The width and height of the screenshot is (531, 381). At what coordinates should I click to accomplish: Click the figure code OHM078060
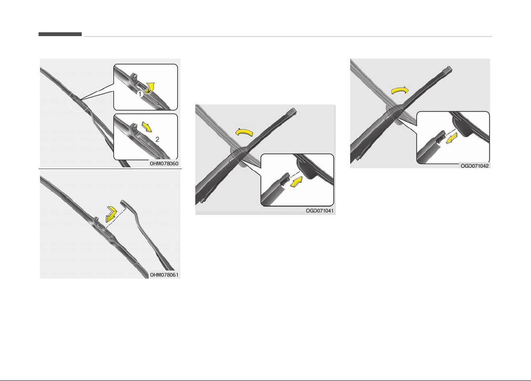pyautogui.click(x=164, y=164)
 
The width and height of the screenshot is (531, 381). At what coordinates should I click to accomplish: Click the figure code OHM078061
pyautogui.click(x=164, y=275)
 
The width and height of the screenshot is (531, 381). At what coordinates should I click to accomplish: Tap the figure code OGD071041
pyautogui.click(x=320, y=211)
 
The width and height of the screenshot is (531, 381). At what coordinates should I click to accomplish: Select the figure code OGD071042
pyautogui.click(x=474, y=166)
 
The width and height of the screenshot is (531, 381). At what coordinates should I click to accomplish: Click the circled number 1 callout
pyautogui.click(x=140, y=94)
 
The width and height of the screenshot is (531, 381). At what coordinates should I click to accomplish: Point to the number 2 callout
pyautogui.click(x=157, y=139)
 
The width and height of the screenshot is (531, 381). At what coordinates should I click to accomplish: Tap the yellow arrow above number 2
pyautogui.click(x=147, y=127)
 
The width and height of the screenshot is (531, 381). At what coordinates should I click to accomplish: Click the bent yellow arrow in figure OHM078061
pyautogui.click(x=111, y=214)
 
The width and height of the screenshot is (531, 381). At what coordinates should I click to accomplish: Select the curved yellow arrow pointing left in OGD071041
pyautogui.click(x=244, y=132)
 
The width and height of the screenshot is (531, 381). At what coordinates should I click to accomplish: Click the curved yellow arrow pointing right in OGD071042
pyautogui.click(x=400, y=90)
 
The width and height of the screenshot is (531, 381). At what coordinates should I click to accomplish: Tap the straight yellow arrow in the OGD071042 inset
pyautogui.click(x=451, y=138)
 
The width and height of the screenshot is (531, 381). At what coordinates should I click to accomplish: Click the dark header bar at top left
pyautogui.click(x=60, y=34)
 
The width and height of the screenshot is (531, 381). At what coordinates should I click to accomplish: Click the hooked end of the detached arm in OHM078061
pyautogui.click(x=124, y=202)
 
